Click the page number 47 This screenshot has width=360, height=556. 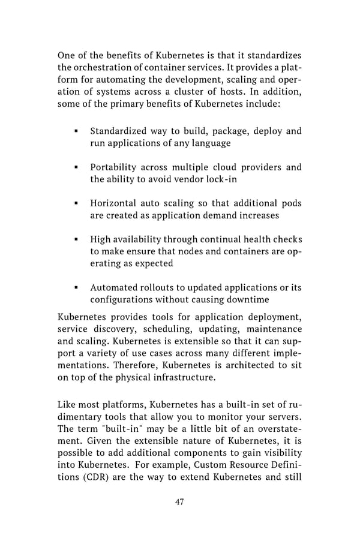179,502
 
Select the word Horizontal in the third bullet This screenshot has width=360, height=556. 115,203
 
